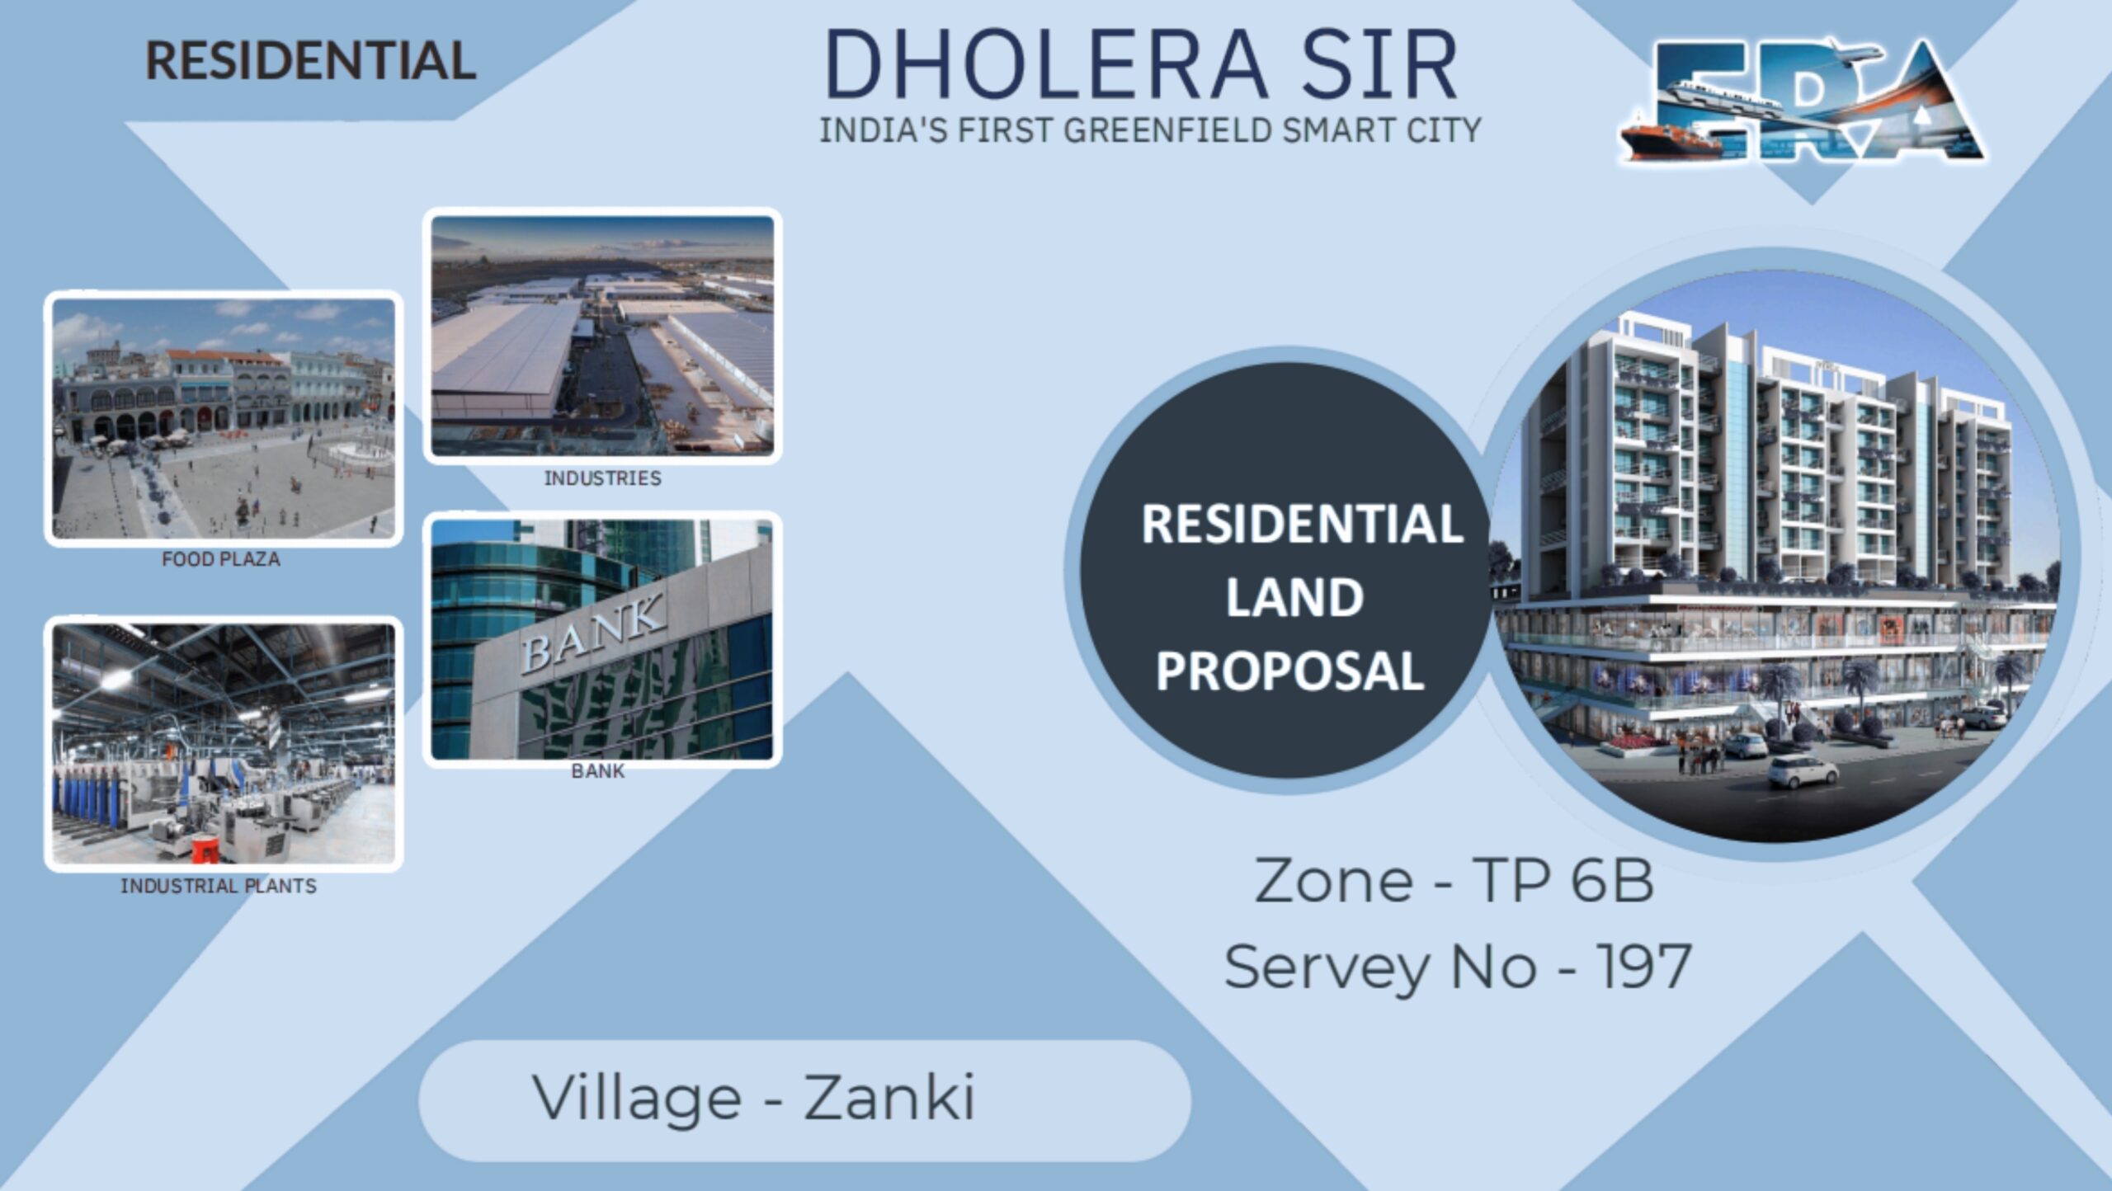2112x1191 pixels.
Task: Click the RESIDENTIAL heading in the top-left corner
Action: click(311, 61)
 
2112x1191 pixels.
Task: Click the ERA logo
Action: click(1802, 99)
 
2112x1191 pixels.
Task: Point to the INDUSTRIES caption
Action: click(602, 478)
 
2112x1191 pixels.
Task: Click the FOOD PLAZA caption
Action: click(221, 559)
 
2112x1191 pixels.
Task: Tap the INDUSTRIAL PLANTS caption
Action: click(219, 886)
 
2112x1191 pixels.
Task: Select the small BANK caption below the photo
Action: click(598, 771)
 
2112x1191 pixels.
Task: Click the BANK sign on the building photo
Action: click(592, 633)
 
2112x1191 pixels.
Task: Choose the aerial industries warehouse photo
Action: click(603, 336)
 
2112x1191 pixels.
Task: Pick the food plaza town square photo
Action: click(224, 418)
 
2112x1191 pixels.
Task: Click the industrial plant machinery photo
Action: click(224, 744)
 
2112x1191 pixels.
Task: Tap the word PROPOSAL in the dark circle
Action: click(1290, 670)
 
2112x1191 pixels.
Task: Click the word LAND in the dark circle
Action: click(1294, 597)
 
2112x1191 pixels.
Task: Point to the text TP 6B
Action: click(1563, 881)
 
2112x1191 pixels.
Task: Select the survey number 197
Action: click(1643, 966)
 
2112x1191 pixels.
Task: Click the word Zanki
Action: click(889, 1098)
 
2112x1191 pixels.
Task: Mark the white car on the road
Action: click(1803, 772)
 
